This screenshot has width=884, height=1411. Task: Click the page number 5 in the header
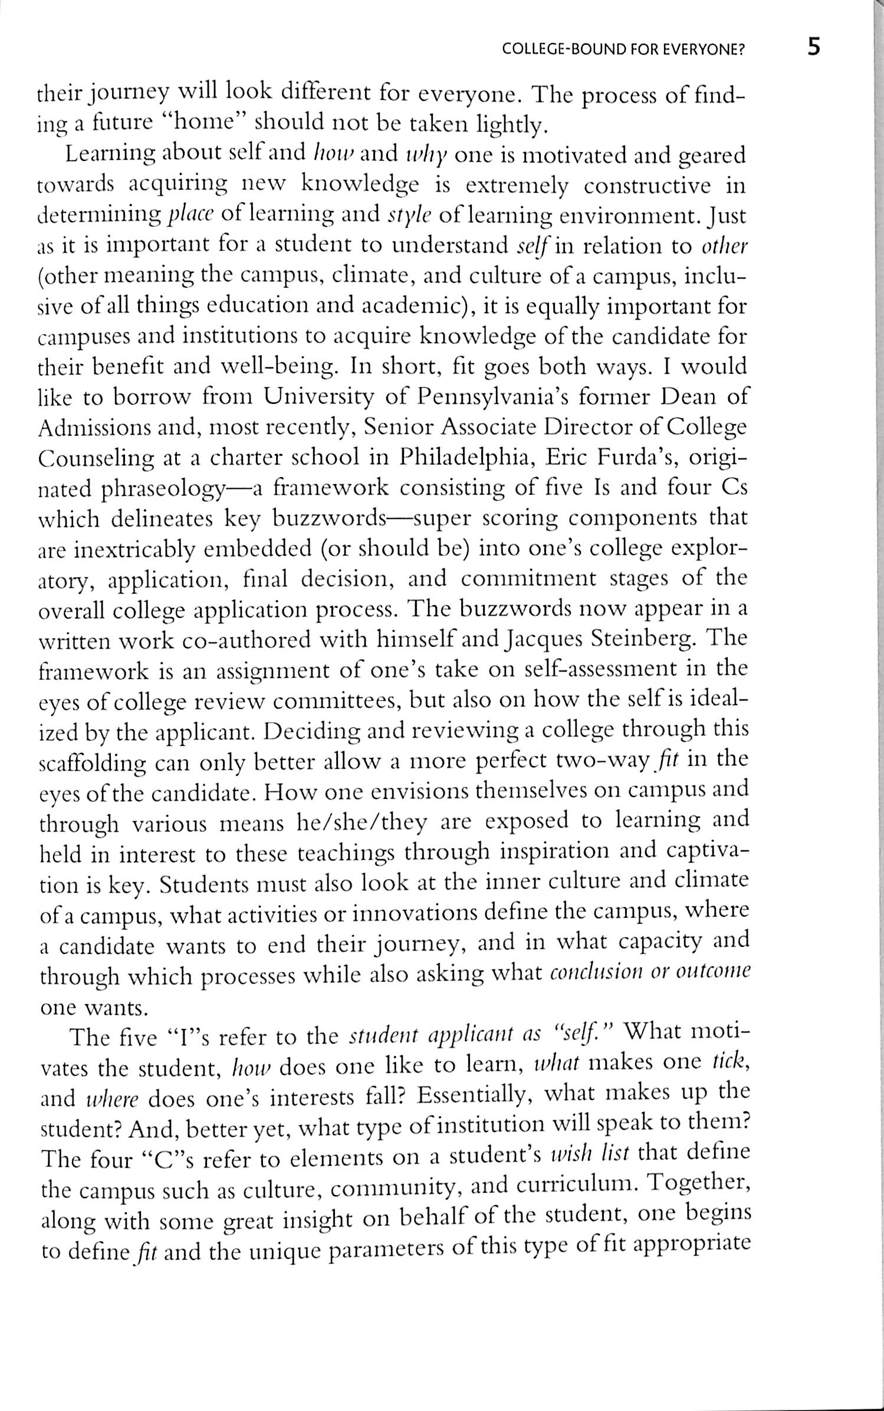coord(813,47)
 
